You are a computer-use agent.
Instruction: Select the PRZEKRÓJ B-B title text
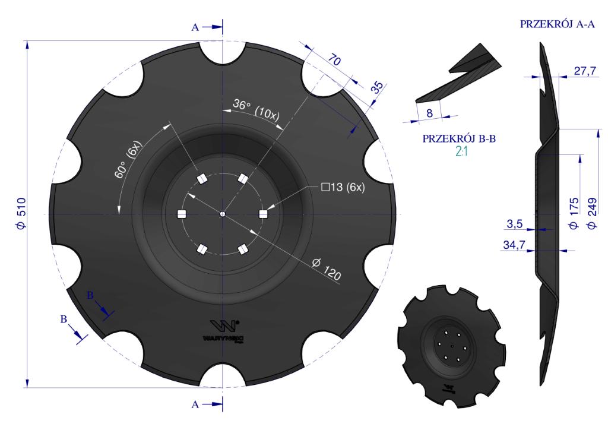pos(458,139)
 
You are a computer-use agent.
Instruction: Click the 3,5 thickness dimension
pos(514,224)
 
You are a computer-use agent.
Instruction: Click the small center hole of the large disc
pos(222,214)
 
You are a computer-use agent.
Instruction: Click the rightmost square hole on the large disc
pos(263,214)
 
